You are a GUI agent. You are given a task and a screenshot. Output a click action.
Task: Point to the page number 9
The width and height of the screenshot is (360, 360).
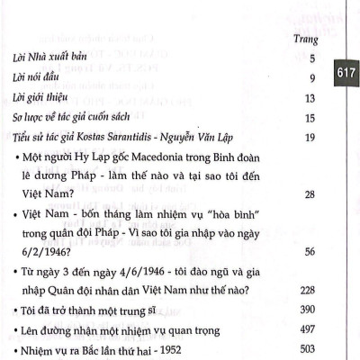pos(310,78)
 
